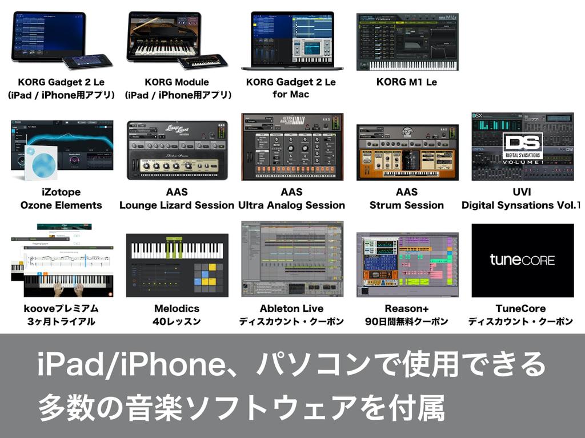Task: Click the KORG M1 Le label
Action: pos(406,82)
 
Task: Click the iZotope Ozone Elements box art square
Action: pos(41,163)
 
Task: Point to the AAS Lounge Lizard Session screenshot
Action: pos(177,150)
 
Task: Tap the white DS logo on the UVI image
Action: pos(522,143)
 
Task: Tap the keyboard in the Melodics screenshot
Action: pos(177,250)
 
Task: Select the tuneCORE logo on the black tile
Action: pos(522,260)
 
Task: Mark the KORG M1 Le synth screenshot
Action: pos(407,42)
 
